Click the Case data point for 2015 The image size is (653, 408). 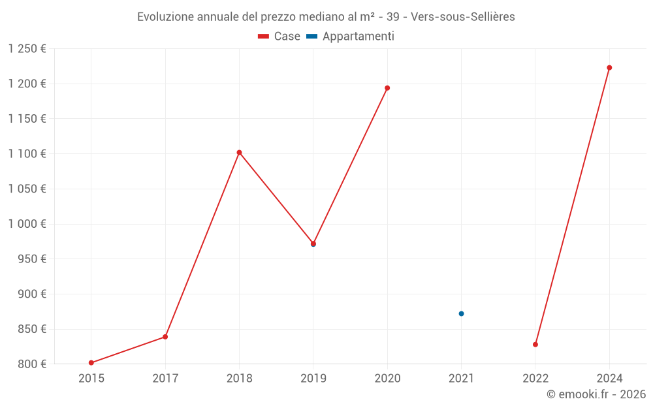pyautogui.click(x=91, y=363)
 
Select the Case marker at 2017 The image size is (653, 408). pyautogui.click(x=165, y=337)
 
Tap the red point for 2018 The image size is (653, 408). pyautogui.click(x=239, y=152)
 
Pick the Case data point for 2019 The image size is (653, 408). pyautogui.click(x=313, y=244)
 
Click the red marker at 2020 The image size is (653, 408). pyautogui.click(x=387, y=88)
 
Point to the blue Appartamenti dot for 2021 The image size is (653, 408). pyautogui.click(x=461, y=314)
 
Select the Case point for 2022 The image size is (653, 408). pyautogui.click(x=535, y=345)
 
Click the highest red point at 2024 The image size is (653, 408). pyautogui.click(x=609, y=68)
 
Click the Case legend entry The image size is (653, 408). pyautogui.click(x=279, y=37)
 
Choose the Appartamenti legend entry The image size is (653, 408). pyautogui.click(x=351, y=37)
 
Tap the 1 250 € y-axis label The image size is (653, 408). pyautogui.click(x=27, y=48)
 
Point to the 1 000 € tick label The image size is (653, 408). pyautogui.click(x=27, y=224)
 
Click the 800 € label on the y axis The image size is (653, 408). pyautogui.click(x=31, y=364)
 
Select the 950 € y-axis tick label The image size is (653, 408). pyautogui.click(x=31, y=259)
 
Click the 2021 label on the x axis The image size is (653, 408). pyautogui.click(x=461, y=378)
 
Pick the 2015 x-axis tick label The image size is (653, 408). pyautogui.click(x=91, y=378)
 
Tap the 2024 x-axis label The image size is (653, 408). pyautogui.click(x=609, y=378)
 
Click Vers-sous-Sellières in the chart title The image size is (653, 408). pyautogui.click(x=463, y=17)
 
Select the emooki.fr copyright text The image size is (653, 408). pyautogui.click(x=596, y=394)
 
